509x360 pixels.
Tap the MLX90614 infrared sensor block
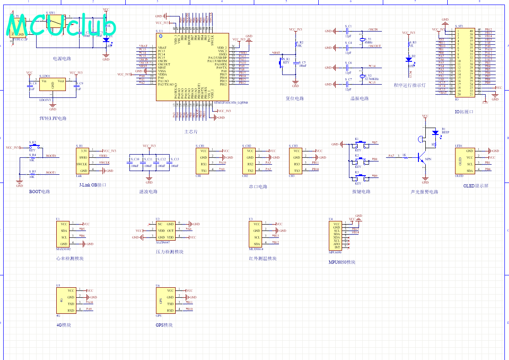256,234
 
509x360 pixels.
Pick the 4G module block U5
65,301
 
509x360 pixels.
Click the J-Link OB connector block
82,161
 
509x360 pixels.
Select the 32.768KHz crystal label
372,79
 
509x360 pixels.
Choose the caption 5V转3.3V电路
53,118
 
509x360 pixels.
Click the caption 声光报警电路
425,192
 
